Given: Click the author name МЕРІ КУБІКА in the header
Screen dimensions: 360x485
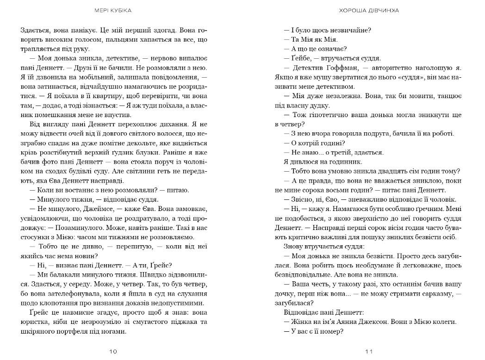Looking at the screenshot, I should [x=113, y=10].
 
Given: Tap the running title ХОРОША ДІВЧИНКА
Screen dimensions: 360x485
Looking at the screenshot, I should [x=369, y=10].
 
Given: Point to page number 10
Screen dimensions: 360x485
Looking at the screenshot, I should [x=113, y=351].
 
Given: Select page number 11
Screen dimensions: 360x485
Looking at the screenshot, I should [x=369, y=351].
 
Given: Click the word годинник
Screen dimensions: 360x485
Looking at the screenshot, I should [x=351, y=162].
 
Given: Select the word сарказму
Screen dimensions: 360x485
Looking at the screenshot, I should [x=429, y=294].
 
